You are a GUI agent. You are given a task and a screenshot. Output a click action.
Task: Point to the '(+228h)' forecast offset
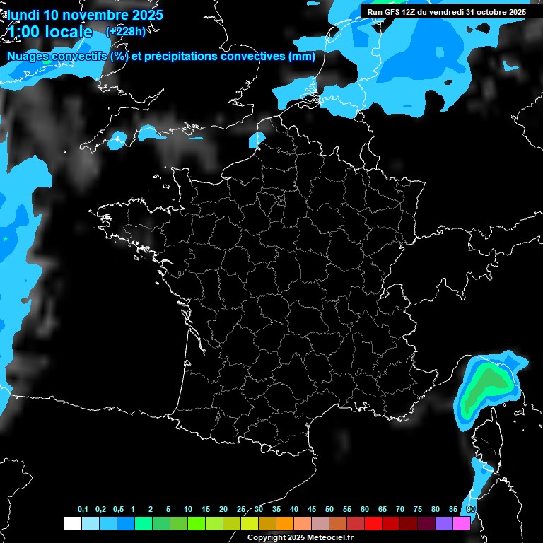pos(126,31)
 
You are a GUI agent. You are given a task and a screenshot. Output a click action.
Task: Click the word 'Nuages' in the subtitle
pos(28,57)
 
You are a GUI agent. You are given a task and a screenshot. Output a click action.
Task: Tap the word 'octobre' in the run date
pos(491,12)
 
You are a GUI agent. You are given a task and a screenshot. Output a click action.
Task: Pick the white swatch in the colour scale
pos(72,523)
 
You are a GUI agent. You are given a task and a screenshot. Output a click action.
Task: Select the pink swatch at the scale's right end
pos(462,523)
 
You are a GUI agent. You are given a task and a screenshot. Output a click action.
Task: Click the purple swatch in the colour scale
pos(444,523)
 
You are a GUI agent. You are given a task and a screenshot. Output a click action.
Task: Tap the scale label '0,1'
pos(83,510)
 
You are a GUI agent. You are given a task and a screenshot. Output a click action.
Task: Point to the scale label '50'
pos(329,510)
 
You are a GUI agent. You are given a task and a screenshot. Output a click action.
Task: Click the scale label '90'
pos(471,510)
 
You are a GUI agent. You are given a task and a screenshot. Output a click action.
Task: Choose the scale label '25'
pos(241,510)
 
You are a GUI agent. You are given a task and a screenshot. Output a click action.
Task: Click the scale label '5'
pos(168,510)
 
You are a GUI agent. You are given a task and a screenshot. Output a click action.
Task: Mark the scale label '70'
pos(400,510)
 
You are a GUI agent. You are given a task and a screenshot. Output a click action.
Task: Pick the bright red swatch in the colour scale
pos(373,523)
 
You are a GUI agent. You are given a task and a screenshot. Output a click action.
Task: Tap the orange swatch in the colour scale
pos(285,523)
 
